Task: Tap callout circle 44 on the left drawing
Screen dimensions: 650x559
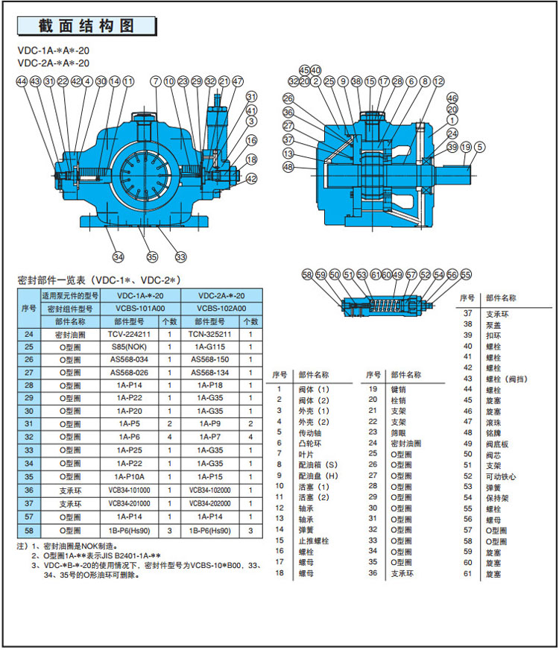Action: (x=22, y=81)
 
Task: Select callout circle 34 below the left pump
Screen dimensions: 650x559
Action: (x=118, y=257)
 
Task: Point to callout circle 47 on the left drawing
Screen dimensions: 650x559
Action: (x=238, y=81)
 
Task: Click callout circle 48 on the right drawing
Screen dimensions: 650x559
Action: (x=288, y=167)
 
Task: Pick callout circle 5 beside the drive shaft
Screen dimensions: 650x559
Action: (x=479, y=147)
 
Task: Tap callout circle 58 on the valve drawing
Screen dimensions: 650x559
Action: (x=308, y=274)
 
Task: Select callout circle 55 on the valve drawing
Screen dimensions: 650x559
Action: (x=466, y=274)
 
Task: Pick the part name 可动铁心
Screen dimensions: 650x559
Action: (x=500, y=476)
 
